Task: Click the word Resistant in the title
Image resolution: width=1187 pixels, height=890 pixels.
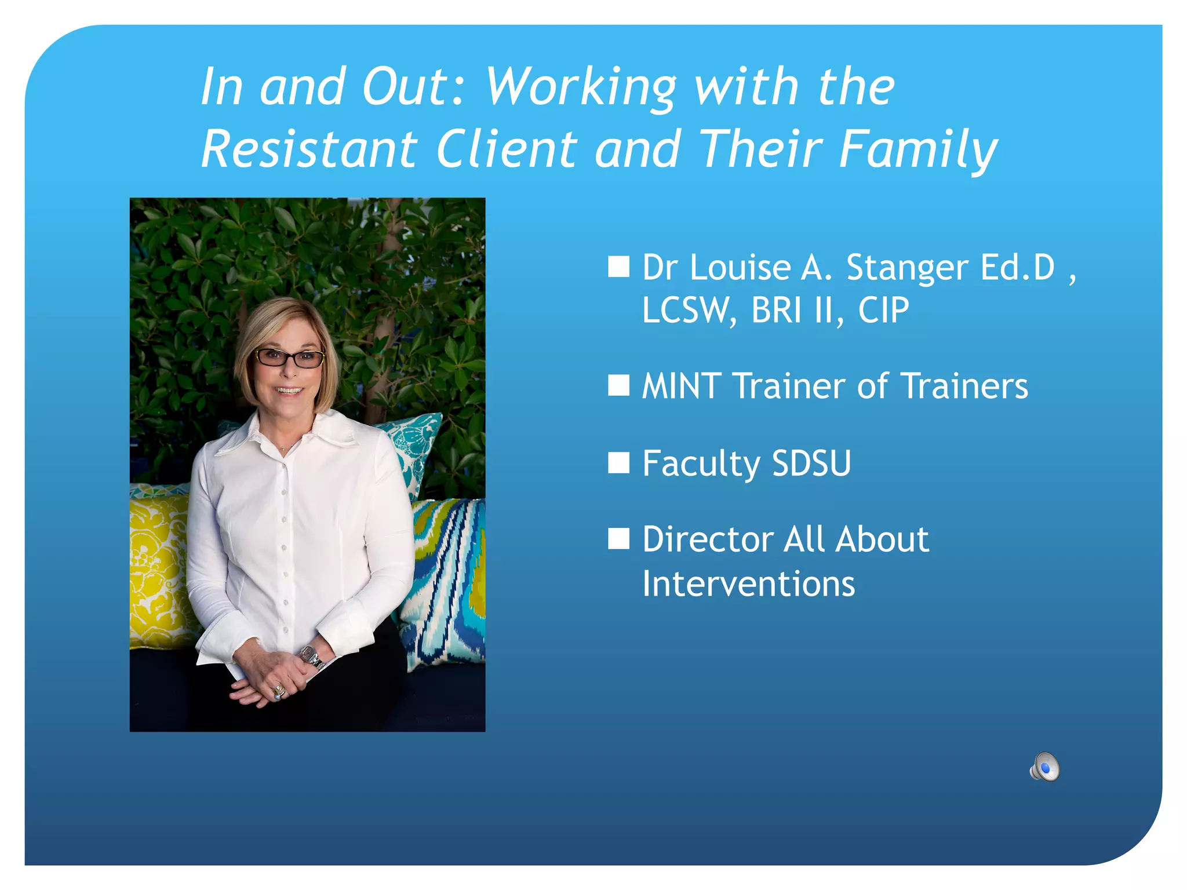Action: click(309, 149)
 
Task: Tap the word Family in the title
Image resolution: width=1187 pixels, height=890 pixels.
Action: click(918, 149)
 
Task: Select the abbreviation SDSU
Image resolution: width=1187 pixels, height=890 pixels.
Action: click(811, 464)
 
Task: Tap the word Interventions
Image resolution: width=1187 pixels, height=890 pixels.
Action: click(748, 584)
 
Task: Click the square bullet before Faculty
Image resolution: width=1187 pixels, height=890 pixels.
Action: click(618, 463)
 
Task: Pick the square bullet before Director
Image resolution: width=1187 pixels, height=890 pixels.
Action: click(618, 538)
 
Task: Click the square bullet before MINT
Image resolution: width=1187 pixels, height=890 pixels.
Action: click(618, 385)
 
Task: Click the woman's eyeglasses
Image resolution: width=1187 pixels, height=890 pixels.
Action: click(289, 358)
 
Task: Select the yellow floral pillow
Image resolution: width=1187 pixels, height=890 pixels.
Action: click(156, 568)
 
